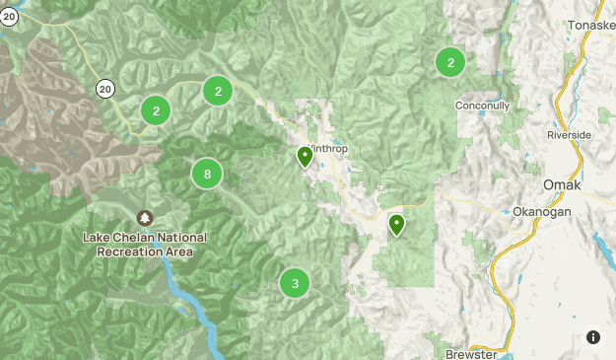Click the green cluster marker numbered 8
(206, 175)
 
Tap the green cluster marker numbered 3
(294, 283)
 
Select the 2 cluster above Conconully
(450, 63)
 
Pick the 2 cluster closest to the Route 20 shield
(156, 110)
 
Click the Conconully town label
(482, 106)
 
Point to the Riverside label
(570, 134)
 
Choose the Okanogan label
(542, 211)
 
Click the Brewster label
(471, 353)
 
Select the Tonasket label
(590, 26)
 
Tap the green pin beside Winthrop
(305, 156)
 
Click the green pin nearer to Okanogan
(396, 224)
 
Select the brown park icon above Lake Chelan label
(145, 217)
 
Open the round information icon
(592, 337)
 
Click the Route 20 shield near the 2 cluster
(105, 89)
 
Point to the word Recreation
(130, 252)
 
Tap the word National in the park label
(184, 238)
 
